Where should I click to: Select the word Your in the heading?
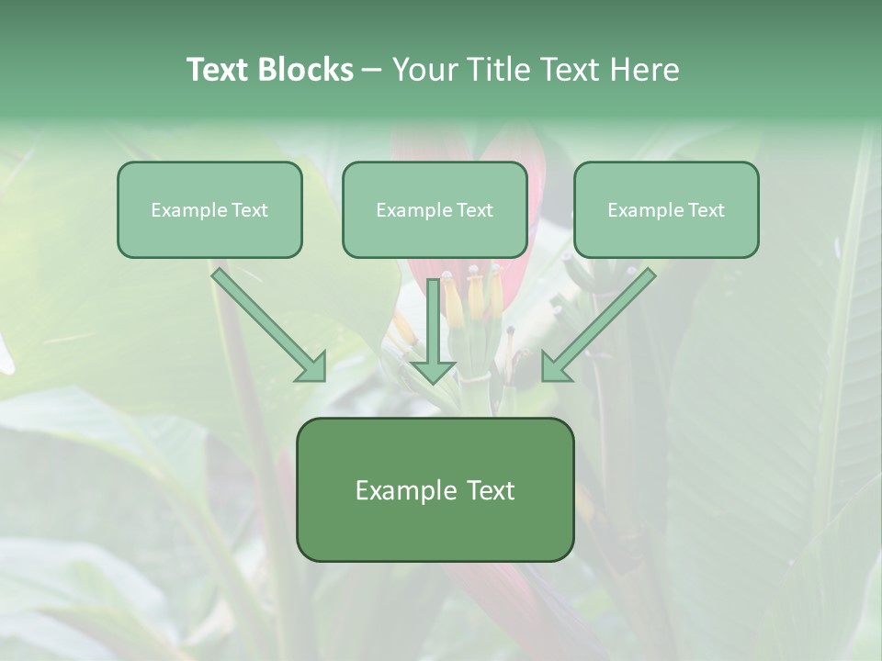click(424, 70)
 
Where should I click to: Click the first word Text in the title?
click(219, 70)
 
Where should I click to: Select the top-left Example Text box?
click(209, 210)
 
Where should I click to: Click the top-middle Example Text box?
click(435, 210)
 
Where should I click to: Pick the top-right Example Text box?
click(666, 210)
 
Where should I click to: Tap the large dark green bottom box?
click(435, 490)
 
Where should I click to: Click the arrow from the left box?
click(266, 322)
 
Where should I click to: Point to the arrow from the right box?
click(602, 322)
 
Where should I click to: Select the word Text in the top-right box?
click(706, 210)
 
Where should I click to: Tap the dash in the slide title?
click(372, 70)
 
